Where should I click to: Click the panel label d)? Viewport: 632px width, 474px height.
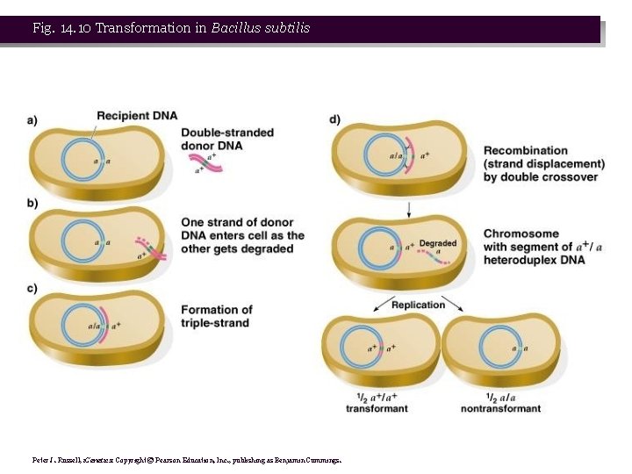334,119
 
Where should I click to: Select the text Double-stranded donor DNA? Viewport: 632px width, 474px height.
226,139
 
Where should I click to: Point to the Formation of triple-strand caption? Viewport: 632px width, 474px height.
216,316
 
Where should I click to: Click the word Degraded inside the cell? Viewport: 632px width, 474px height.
437,243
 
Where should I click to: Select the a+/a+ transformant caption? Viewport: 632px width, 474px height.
377,402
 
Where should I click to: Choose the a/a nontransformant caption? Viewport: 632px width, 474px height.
500,402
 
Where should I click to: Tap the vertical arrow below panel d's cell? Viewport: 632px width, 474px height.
409,209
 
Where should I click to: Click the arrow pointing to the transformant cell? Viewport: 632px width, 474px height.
379,304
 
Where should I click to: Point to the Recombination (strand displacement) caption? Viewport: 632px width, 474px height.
543,163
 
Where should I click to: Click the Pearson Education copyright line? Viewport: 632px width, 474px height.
186,459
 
